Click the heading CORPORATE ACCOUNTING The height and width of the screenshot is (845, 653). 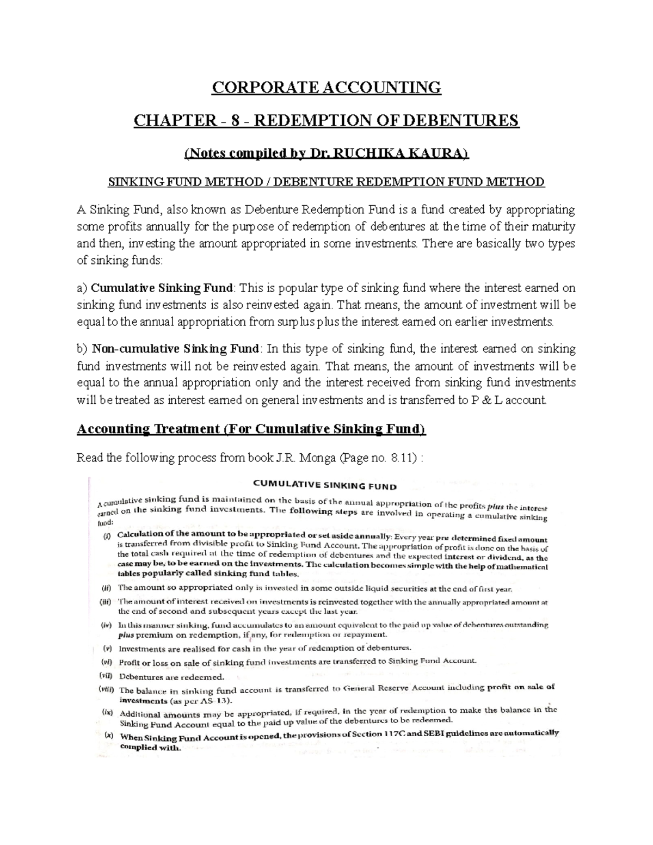(326, 87)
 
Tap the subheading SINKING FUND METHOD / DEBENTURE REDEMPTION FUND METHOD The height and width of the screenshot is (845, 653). (326, 182)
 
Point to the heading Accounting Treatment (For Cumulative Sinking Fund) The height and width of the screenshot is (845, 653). (251, 429)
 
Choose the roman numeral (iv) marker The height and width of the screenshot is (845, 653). (106, 626)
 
